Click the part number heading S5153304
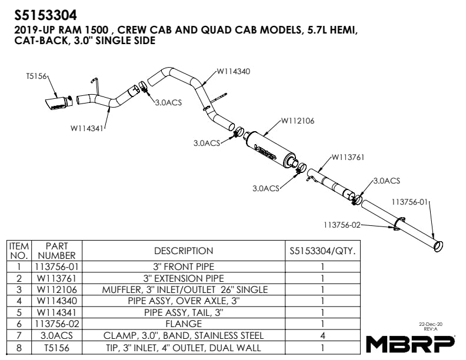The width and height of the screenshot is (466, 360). tap(46, 13)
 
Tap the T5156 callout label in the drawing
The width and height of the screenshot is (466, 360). tap(36, 76)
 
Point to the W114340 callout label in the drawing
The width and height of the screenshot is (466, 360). tap(233, 71)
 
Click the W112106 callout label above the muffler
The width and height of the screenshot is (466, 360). tap(297, 121)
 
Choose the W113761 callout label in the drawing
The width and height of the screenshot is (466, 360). tap(348, 157)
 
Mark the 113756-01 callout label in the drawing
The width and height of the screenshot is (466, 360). tap(410, 201)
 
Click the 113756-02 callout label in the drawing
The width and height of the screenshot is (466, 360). tap(341, 224)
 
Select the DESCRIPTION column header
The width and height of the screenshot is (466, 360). tap(184, 251)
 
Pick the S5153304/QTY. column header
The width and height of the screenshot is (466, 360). tap(322, 251)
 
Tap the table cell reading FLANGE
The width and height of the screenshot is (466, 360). tap(184, 324)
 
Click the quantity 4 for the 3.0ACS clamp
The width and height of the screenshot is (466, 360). tap(322, 335)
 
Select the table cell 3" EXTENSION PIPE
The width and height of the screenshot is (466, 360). tap(184, 278)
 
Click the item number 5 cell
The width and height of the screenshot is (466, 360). tap(19, 312)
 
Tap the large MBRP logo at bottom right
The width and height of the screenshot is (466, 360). tap(411, 343)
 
